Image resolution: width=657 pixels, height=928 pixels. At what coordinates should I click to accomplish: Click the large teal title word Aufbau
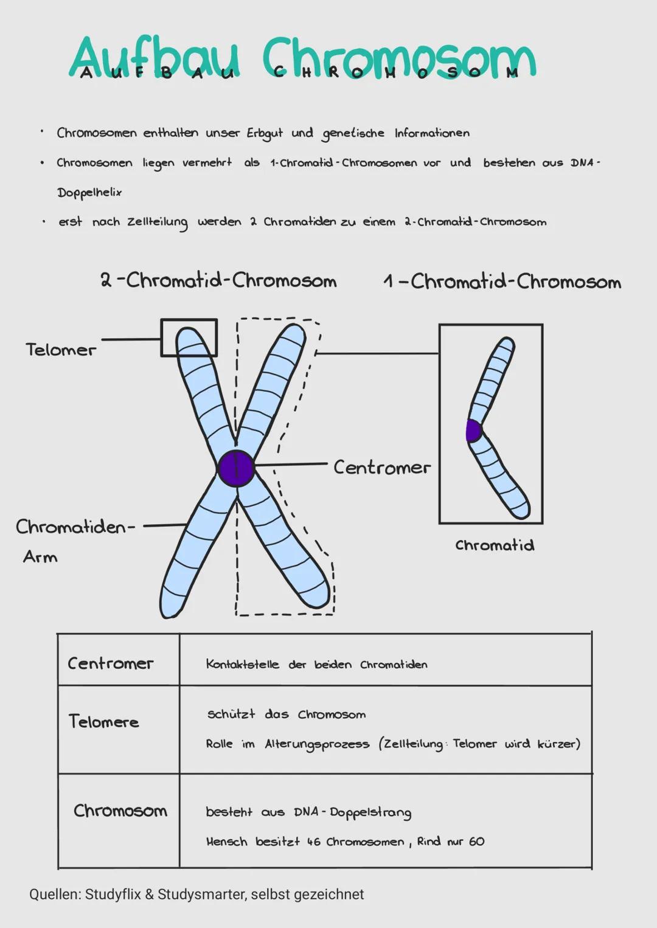coord(155,58)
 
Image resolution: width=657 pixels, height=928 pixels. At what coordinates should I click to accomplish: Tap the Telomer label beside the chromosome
coord(61,350)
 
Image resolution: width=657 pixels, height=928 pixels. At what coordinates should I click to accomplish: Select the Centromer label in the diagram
coord(382,467)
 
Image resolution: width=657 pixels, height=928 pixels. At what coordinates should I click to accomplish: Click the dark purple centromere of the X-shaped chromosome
coord(237,468)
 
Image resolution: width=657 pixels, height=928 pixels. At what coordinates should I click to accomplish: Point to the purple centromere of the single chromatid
coord(473,431)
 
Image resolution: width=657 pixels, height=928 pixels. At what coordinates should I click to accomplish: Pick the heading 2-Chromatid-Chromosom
coord(218,280)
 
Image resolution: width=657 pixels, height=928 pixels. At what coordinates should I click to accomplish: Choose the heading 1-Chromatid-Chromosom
coord(502,282)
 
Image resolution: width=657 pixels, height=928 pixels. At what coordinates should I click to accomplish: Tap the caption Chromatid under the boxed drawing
coord(495,545)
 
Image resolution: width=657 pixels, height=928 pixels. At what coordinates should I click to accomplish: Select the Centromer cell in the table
coord(110,663)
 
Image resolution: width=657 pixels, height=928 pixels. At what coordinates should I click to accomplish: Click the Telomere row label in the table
coord(103,722)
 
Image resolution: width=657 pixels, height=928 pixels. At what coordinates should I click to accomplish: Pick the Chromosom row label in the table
coord(120,811)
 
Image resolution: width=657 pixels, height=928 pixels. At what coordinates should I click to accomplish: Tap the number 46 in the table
coord(313,842)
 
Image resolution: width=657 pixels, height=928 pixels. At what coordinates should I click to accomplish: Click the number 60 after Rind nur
coord(476,842)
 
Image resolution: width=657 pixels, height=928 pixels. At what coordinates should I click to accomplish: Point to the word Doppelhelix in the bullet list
coord(89,193)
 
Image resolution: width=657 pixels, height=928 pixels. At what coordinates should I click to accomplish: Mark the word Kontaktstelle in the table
coord(242,664)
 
